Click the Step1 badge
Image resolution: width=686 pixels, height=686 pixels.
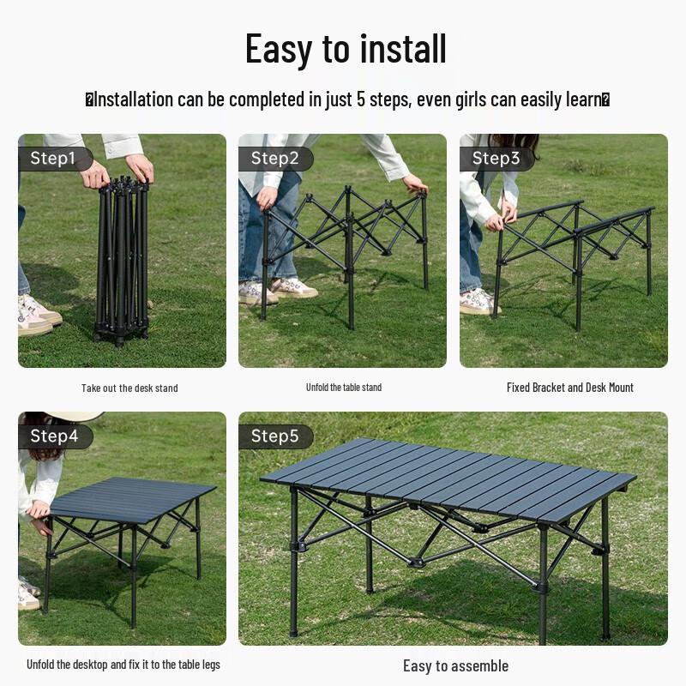(x=53, y=159)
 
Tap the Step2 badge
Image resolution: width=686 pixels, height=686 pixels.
(x=274, y=159)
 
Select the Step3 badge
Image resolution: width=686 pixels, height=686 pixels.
(x=496, y=159)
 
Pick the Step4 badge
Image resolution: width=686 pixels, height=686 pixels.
(x=54, y=436)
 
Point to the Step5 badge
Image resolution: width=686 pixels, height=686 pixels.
(x=274, y=436)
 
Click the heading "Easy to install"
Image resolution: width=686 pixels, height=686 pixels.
(x=346, y=49)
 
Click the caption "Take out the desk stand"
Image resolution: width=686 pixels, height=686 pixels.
(x=129, y=388)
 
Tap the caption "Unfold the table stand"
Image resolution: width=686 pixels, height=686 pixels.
(x=343, y=388)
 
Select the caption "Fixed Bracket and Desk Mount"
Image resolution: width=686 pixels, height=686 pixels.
(x=569, y=388)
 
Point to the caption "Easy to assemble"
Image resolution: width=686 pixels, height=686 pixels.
(x=455, y=666)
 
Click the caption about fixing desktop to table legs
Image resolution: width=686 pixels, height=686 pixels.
(x=123, y=665)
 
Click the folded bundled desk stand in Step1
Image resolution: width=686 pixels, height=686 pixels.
(x=123, y=257)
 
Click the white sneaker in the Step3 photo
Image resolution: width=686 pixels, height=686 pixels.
(x=478, y=300)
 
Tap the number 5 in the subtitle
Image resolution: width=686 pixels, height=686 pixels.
(x=361, y=99)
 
